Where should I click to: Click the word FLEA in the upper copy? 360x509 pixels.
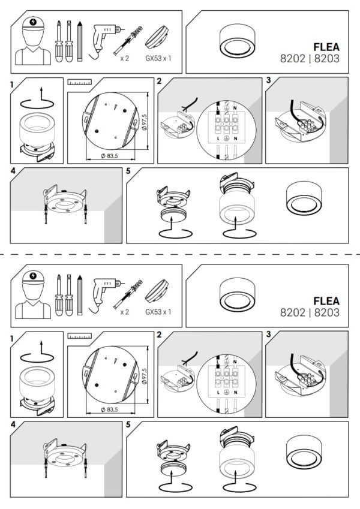(x=326, y=47)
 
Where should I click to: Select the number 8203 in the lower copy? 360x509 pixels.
(x=327, y=312)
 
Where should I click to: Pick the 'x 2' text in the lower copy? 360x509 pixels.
(x=124, y=312)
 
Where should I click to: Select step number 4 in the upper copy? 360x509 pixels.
(x=13, y=171)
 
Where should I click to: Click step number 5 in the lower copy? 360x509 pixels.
(x=128, y=424)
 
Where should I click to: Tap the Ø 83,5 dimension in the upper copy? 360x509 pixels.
(x=109, y=156)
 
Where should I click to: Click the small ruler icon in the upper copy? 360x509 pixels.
(x=80, y=82)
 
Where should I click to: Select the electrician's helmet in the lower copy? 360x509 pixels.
(x=33, y=278)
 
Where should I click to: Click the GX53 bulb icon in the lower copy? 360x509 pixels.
(x=157, y=291)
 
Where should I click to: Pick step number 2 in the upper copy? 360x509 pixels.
(x=159, y=81)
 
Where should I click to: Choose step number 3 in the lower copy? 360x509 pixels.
(x=268, y=335)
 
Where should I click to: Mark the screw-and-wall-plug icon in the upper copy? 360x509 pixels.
(x=128, y=41)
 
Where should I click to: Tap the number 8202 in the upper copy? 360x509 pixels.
(x=293, y=58)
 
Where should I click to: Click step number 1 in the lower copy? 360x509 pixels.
(x=12, y=339)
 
